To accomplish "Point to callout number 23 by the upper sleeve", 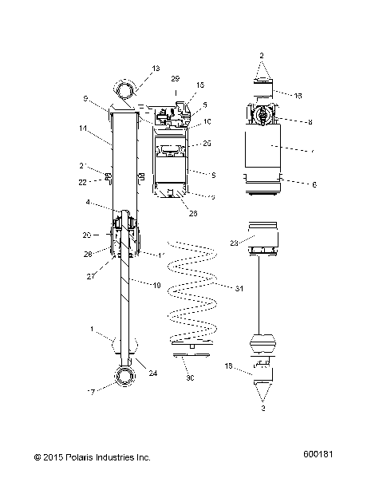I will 235,243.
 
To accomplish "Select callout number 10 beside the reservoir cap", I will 207,122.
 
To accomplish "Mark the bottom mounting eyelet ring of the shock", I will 127,377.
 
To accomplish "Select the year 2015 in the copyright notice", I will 52,457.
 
